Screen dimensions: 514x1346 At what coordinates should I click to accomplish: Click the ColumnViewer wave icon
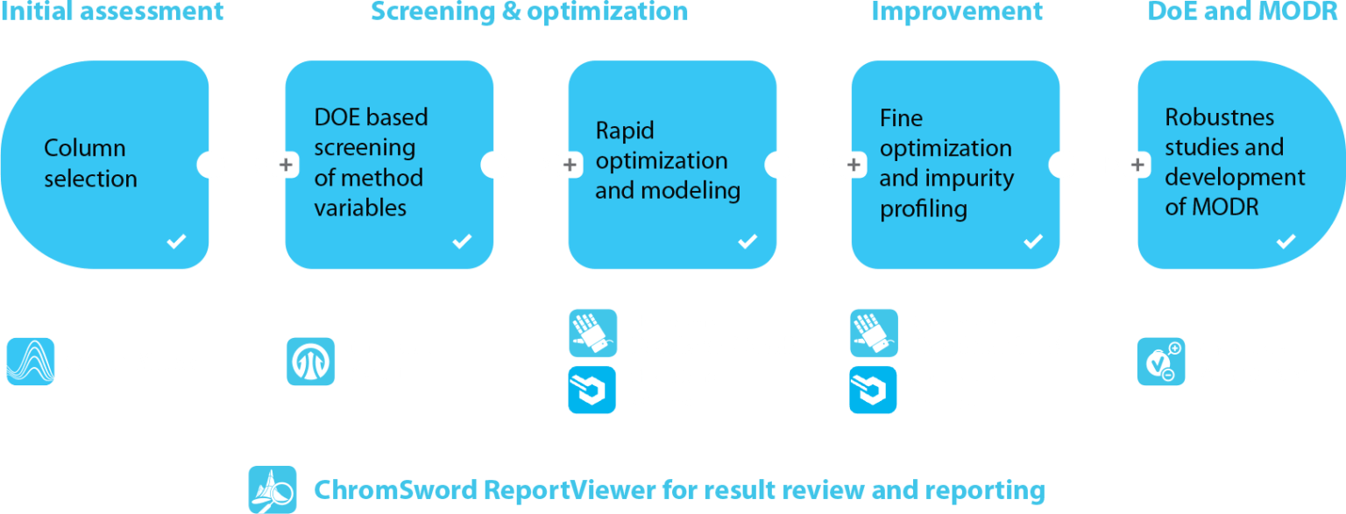(31, 362)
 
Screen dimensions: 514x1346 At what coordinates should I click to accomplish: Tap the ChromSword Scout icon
(311, 361)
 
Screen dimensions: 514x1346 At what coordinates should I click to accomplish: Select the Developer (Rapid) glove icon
(592, 333)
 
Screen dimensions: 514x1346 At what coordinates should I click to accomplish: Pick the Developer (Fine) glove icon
(874, 333)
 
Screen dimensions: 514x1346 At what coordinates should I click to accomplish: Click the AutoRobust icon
(1161, 361)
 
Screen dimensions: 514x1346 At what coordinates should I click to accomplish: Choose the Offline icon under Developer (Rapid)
(592, 390)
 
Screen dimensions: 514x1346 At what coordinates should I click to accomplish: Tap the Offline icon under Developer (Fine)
(874, 390)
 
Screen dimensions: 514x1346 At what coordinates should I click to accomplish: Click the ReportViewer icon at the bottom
(273, 489)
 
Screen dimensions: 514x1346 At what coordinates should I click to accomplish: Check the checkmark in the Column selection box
(176, 242)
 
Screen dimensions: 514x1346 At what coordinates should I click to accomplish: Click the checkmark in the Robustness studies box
(1286, 242)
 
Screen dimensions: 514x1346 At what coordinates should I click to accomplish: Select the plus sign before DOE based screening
(286, 164)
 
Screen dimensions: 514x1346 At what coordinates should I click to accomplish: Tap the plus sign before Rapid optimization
(569, 164)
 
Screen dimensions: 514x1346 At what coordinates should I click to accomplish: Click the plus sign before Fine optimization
(853, 164)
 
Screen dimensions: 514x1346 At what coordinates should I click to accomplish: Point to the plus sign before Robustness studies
(1137, 164)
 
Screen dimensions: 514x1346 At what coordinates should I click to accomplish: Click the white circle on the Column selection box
(210, 164)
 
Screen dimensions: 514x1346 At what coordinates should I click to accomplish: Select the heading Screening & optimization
(528, 11)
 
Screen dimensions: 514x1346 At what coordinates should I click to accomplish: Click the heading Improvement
(957, 11)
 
